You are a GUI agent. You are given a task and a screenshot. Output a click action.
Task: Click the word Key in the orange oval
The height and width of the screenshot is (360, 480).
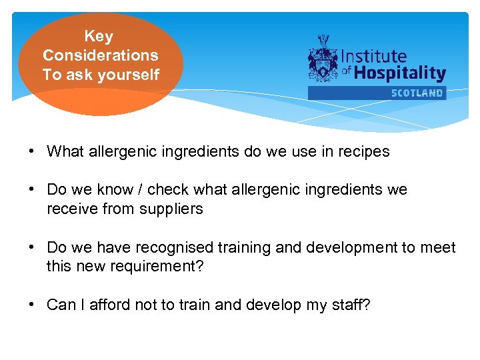(x=99, y=37)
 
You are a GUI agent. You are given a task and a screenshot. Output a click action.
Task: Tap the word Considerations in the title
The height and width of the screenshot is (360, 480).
(x=101, y=55)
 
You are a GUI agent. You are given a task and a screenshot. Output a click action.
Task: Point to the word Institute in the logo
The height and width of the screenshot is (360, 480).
(x=374, y=57)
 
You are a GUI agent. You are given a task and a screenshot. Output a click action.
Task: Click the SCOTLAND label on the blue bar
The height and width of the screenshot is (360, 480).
(x=417, y=93)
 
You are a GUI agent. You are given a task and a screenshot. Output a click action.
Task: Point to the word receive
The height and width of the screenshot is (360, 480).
(x=72, y=209)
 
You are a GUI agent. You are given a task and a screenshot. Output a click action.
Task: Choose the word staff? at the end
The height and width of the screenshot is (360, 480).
(x=351, y=305)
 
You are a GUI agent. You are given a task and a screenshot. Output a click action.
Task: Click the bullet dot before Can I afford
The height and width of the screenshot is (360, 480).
(x=31, y=305)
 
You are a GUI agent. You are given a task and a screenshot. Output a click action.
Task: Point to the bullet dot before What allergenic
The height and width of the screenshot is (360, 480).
(x=31, y=151)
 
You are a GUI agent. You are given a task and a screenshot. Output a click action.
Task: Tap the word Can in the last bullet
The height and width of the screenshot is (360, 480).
(x=61, y=305)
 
